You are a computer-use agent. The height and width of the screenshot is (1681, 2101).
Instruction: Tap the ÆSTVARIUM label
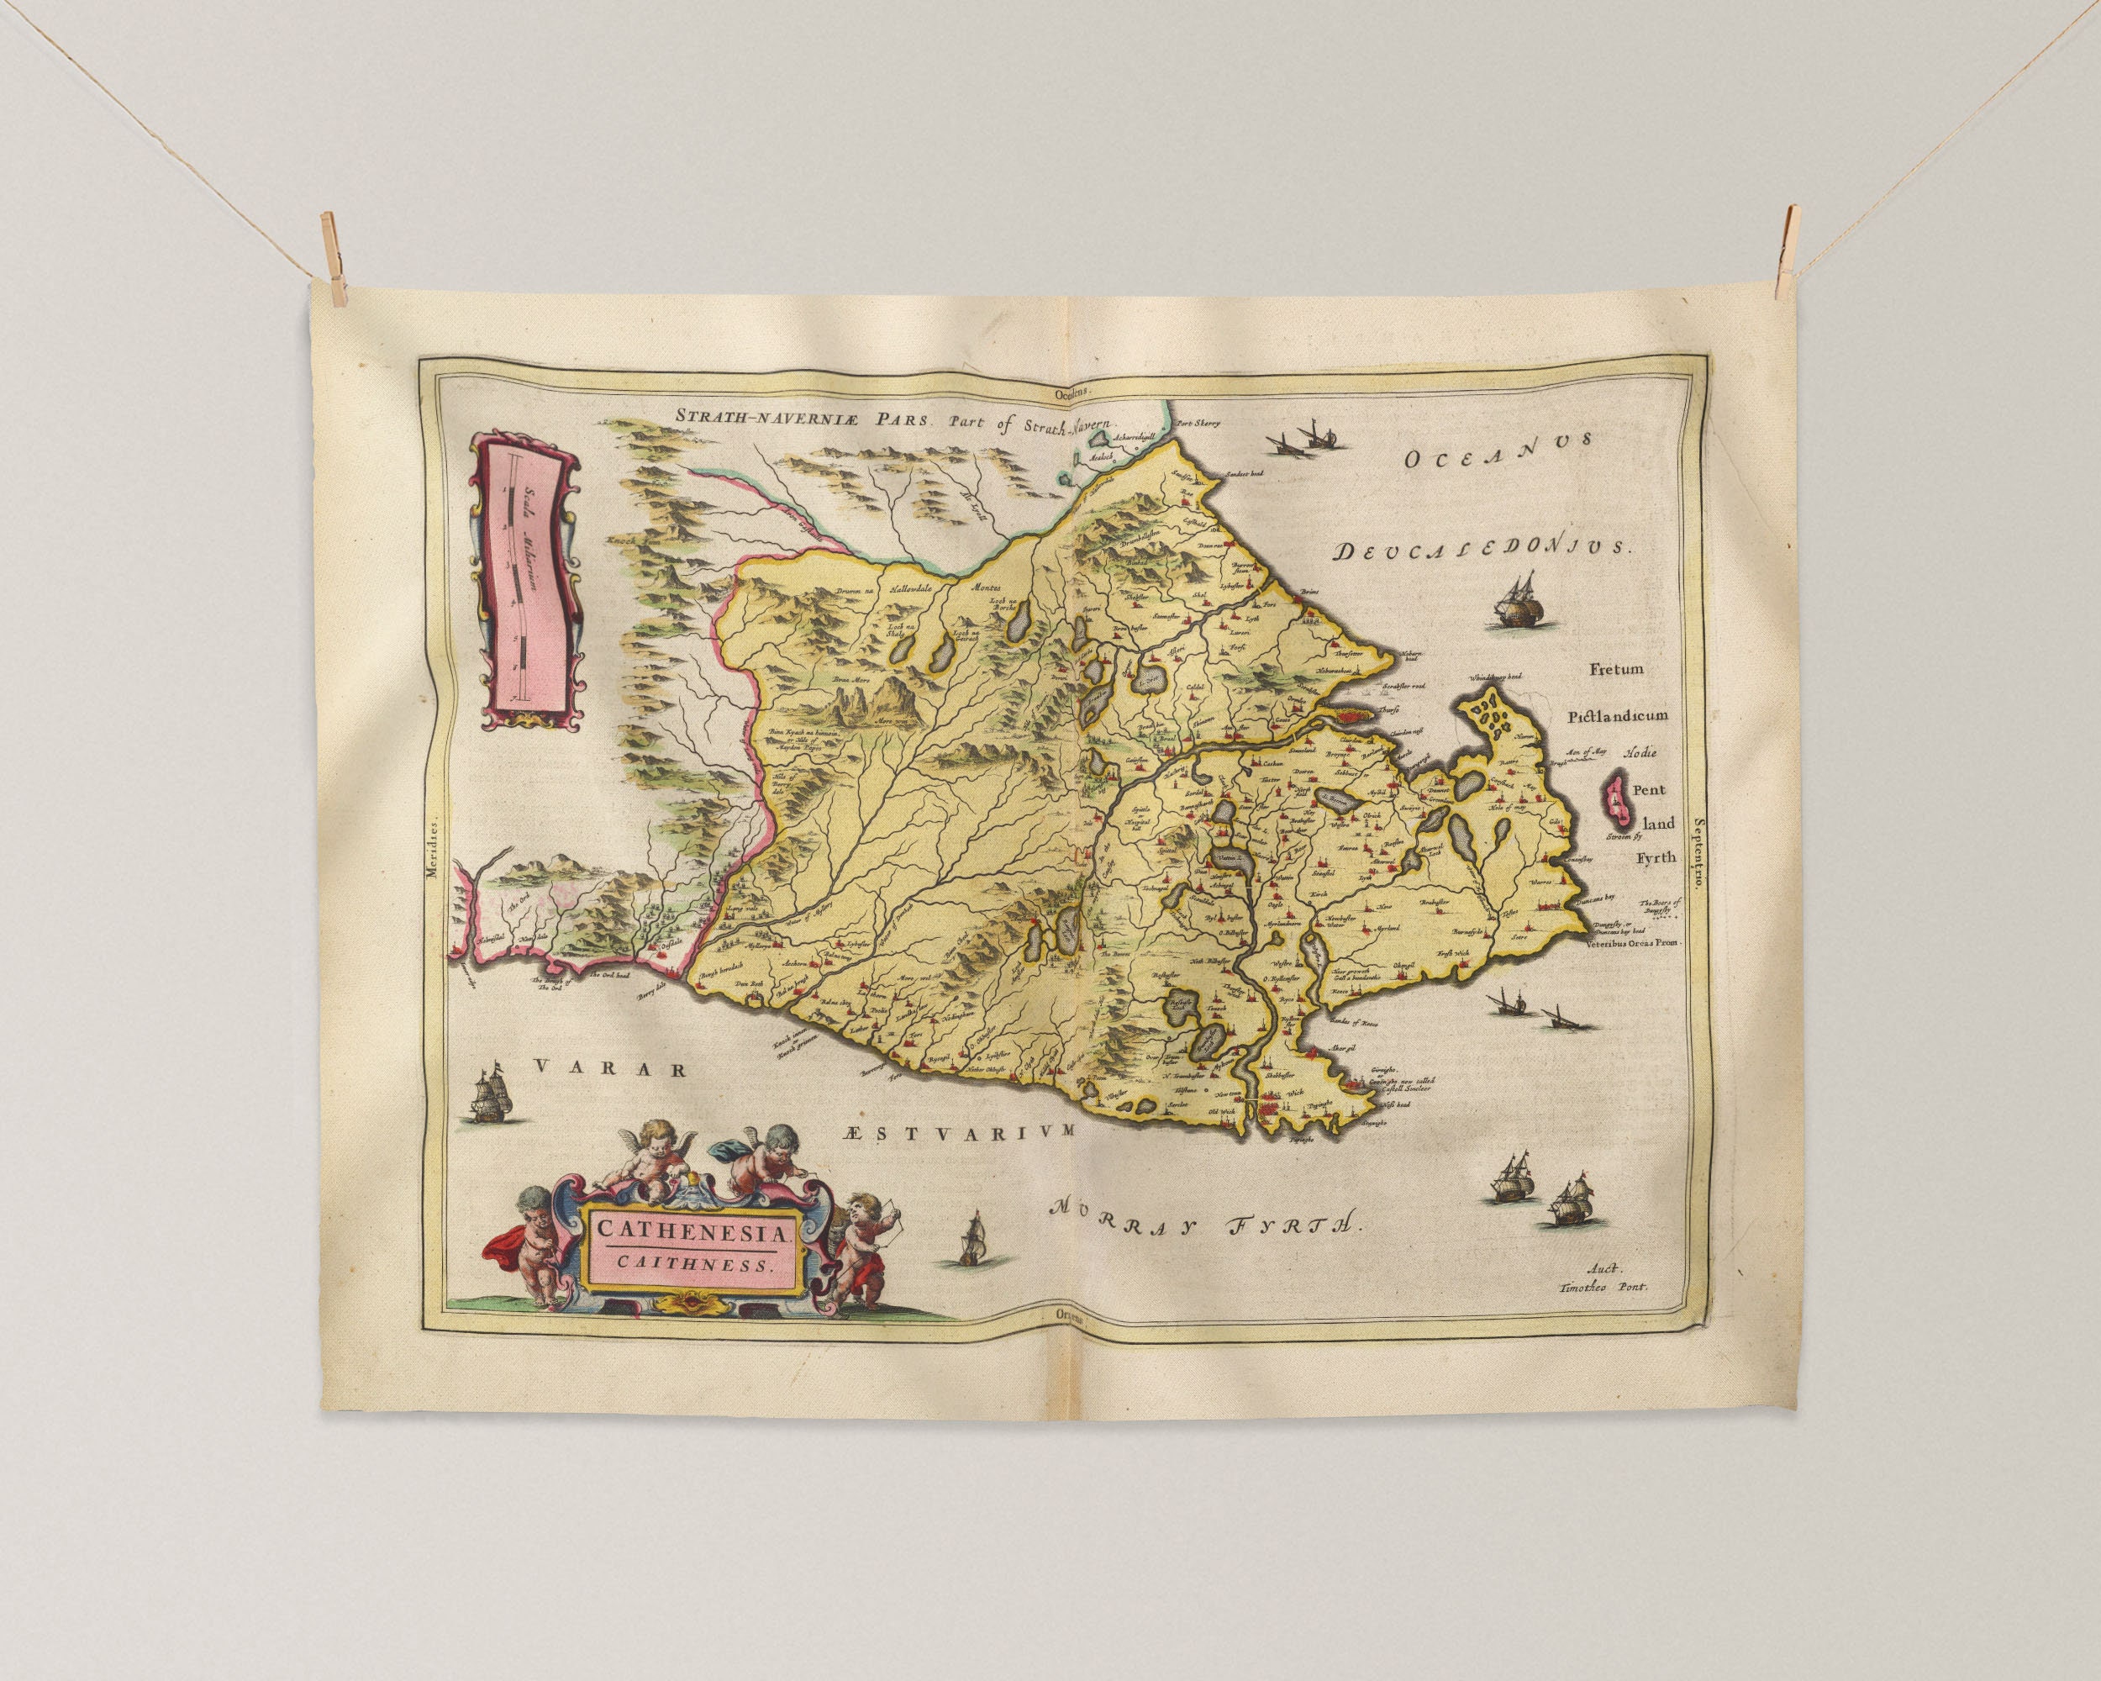[x=960, y=1131]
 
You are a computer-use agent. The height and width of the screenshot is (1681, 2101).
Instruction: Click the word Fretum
[x=1617, y=670]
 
